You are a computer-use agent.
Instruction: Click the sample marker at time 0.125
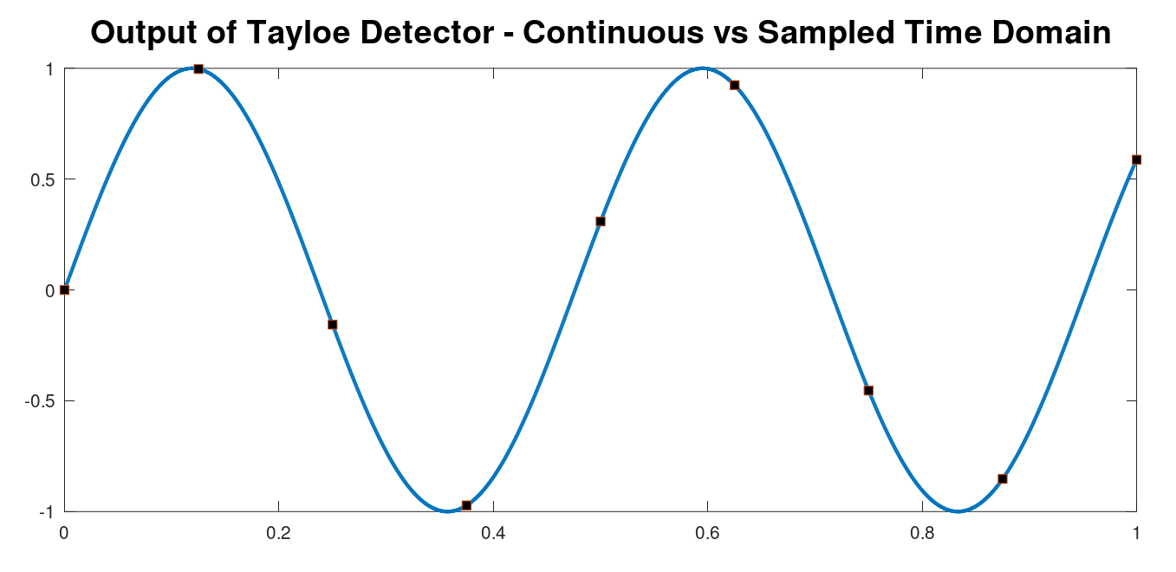click(198, 68)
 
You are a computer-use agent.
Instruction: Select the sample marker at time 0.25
click(332, 325)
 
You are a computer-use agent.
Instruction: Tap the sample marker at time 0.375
click(467, 505)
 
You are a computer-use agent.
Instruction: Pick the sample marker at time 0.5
click(601, 222)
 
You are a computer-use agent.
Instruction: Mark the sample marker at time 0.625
click(735, 85)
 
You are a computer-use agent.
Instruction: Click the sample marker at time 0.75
click(869, 390)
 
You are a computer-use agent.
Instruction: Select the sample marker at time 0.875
click(1003, 479)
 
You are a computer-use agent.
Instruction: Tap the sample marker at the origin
click(65, 290)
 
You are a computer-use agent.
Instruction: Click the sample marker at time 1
click(1137, 159)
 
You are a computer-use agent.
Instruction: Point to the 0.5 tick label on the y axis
click(42, 180)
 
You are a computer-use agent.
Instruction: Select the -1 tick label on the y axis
click(47, 512)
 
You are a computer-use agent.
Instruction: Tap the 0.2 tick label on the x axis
click(279, 534)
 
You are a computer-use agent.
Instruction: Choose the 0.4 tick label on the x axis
click(493, 534)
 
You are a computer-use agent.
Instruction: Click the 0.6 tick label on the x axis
click(708, 534)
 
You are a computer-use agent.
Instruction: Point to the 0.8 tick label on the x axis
click(922, 534)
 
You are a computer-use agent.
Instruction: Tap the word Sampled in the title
click(826, 34)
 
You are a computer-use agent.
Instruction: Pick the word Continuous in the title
click(614, 32)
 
